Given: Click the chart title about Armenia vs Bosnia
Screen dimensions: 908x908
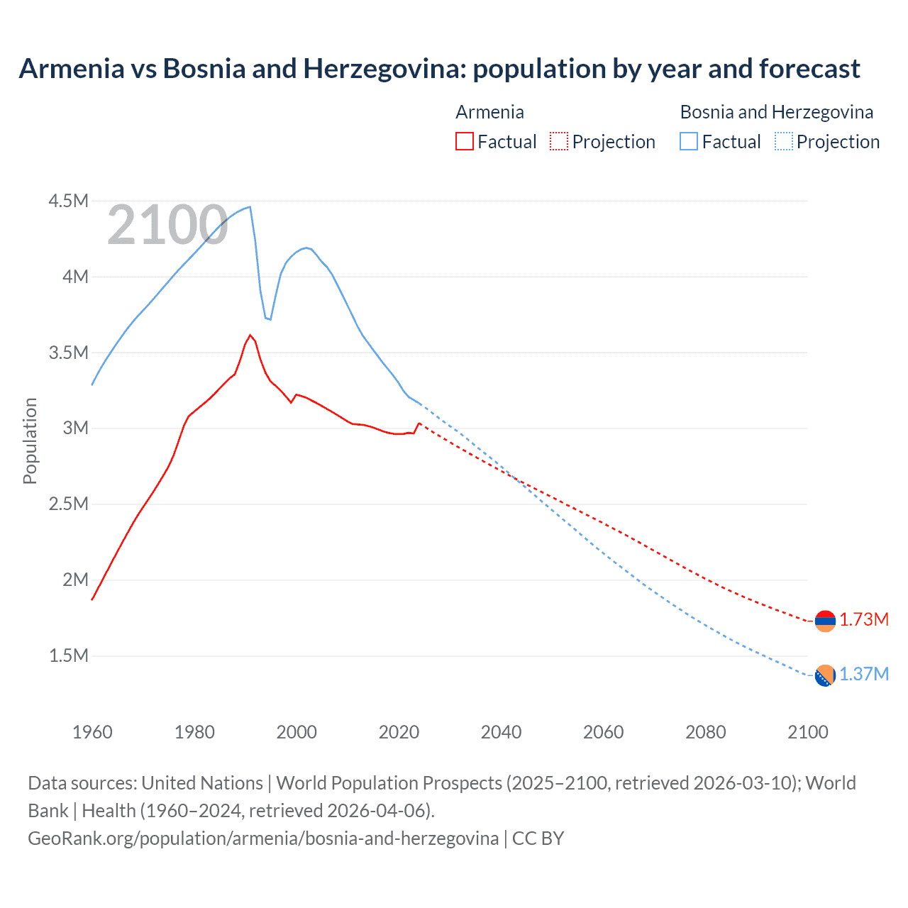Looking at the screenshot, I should (439, 69).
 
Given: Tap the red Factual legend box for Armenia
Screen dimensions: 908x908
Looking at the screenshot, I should (465, 141).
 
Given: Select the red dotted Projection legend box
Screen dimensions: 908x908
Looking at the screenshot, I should (559, 141).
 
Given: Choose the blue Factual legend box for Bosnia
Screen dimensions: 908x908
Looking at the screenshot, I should (689, 141).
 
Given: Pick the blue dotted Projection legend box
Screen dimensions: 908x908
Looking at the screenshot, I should (783, 141).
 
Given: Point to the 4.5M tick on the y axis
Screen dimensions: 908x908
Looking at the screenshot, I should (68, 201).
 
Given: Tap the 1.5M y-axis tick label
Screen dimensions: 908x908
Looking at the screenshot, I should (68, 655).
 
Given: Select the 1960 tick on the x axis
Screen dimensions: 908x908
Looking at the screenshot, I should (92, 732).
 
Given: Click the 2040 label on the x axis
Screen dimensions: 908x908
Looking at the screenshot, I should (501, 732).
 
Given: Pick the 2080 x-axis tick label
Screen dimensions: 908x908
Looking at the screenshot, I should (705, 732).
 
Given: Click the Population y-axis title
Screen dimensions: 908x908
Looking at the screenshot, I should (30, 441).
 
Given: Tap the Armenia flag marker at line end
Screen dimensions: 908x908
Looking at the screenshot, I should (825, 621).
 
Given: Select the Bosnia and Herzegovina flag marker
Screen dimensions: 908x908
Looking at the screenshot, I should (825, 676).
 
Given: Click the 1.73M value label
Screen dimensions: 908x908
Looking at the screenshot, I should (864, 620).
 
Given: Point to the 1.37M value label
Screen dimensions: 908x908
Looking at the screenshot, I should (864, 675).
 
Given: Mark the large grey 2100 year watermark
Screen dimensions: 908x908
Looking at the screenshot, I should (167, 226).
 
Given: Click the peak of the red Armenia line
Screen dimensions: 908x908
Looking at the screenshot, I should (250, 335).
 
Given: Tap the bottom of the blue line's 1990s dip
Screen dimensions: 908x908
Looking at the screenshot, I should (270, 319).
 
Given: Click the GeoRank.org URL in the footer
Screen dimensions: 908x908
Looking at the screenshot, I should (263, 838).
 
